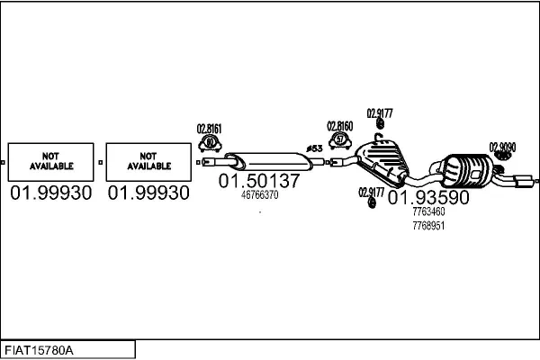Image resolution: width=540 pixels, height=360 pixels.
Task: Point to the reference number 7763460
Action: point(428,212)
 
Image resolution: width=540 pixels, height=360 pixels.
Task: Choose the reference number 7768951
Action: point(428,225)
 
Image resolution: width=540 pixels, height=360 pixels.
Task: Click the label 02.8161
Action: point(210,129)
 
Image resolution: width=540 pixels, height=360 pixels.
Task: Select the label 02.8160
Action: point(339,126)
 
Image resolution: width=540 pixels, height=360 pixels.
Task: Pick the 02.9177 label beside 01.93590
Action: point(371,192)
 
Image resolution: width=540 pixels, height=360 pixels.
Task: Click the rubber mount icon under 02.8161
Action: point(211,142)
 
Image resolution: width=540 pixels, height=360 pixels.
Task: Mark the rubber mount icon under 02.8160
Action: point(340,140)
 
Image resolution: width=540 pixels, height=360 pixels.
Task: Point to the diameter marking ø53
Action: point(314,148)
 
